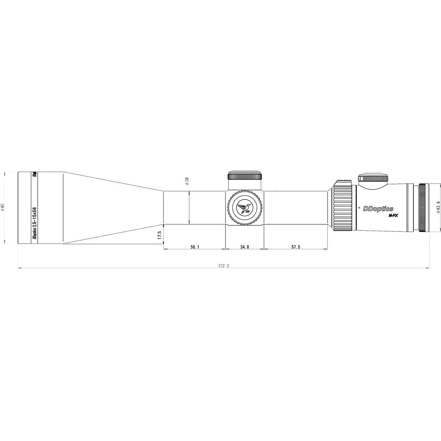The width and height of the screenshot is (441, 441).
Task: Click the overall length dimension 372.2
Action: [x=223, y=266]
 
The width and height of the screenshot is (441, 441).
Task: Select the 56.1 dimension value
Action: [x=195, y=247]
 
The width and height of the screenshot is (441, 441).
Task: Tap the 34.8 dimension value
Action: [x=245, y=247]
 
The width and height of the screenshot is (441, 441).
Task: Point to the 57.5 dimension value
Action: [x=296, y=247]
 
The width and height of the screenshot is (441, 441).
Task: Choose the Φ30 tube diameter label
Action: [x=187, y=181]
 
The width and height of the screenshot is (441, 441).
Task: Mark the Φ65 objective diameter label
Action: [x=3, y=207]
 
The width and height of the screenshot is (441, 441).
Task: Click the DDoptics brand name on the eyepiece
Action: [x=378, y=209]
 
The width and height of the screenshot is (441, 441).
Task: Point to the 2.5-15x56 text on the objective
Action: [x=35, y=217]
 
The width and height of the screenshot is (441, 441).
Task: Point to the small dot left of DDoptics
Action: [x=359, y=208]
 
